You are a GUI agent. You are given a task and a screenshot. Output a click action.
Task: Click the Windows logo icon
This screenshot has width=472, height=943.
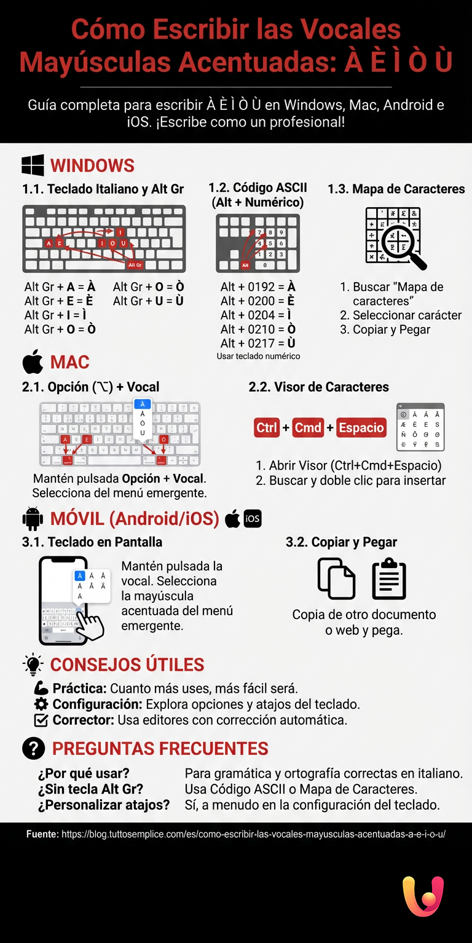pyautogui.click(x=33, y=165)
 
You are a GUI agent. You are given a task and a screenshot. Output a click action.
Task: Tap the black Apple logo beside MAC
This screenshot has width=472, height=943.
pyautogui.click(x=33, y=362)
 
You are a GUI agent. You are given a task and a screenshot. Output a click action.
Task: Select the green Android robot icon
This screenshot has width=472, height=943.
pyautogui.click(x=33, y=519)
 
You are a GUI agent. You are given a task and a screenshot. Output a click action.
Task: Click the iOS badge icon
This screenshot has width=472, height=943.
pyautogui.click(x=253, y=519)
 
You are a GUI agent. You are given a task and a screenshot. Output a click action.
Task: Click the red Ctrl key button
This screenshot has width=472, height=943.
pyautogui.click(x=267, y=427)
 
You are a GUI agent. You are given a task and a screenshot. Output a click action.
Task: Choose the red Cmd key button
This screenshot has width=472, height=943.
pyautogui.click(x=308, y=427)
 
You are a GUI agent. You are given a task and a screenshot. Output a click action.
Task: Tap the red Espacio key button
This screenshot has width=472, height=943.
pyautogui.click(x=361, y=427)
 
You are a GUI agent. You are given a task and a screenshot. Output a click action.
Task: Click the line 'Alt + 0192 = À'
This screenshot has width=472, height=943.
pyautogui.click(x=258, y=287)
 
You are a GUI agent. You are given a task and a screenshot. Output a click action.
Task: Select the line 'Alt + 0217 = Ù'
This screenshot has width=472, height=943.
pyautogui.click(x=258, y=343)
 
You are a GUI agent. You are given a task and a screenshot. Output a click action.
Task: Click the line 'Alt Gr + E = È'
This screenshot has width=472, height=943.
pyautogui.click(x=59, y=301)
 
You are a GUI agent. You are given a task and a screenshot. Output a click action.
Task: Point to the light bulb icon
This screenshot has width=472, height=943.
pyautogui.click(x=33, y=665)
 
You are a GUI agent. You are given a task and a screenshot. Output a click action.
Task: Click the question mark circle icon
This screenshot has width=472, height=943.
pyautogui.click(x=33, y=748)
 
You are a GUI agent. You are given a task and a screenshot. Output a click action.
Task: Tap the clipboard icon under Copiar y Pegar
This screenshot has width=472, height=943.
pyautogui.click(x=389, y=578)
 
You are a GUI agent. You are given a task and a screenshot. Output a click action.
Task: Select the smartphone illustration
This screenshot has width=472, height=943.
pyautogui.click(x=63, y=600)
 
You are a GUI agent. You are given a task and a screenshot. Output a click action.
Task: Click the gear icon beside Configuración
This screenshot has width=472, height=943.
pyautogui.click(x=41, y=704)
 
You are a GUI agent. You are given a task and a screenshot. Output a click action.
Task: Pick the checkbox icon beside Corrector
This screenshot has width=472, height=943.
pyautogui.click(x=41, y=720)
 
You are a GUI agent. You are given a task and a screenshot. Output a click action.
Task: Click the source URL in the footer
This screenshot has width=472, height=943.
pyautogui.click(x=253, y=834)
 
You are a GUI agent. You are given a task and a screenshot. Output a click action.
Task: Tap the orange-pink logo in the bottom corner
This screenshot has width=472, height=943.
pyautogui.click(x=423, y=897)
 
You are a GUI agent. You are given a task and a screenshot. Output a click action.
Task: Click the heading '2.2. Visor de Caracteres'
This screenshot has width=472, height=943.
pyautogui.click(x=318, y=387)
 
